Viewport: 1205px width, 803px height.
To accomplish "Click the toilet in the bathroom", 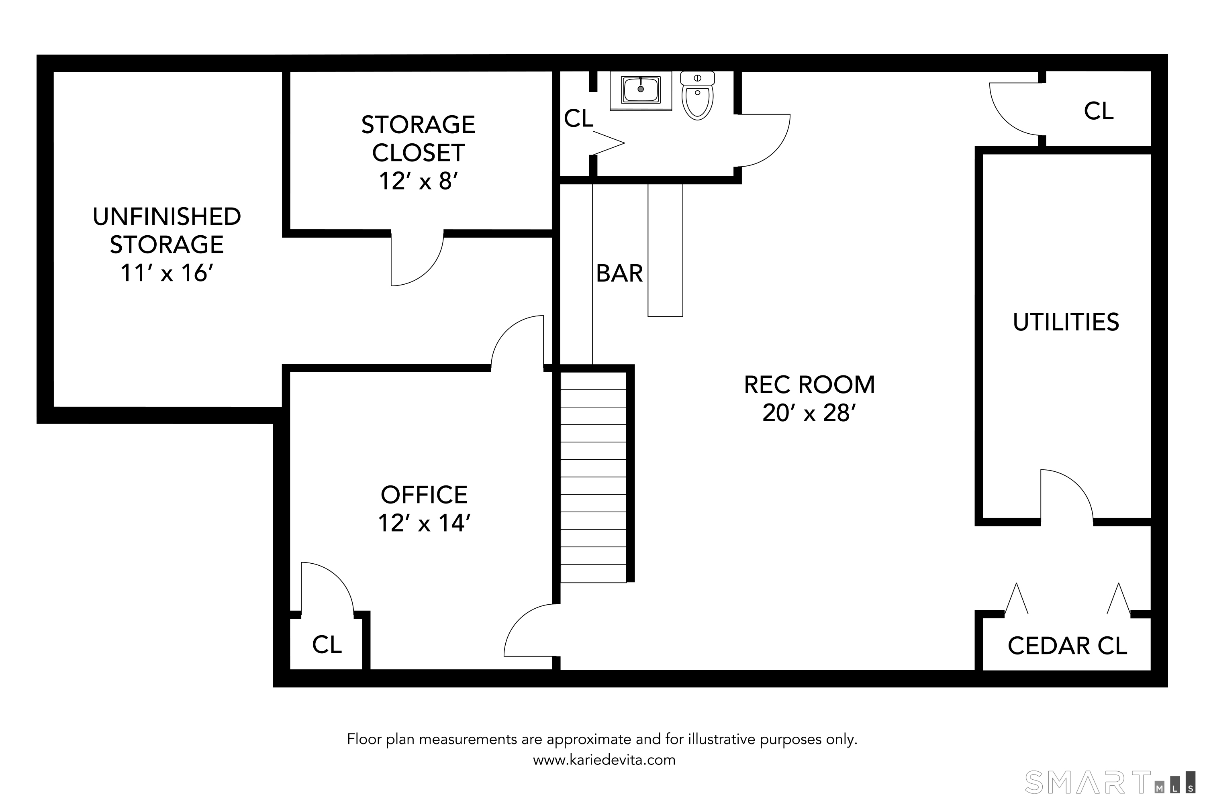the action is coord(697,96).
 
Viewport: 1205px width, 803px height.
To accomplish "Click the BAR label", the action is coord(619,273).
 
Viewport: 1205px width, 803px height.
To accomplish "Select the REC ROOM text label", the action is coord(809,385).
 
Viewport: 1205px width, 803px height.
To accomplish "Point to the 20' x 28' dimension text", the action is coord(809,413).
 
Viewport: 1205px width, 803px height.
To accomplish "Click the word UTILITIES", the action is coord(1066,322).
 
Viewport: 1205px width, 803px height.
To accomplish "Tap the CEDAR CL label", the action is coord(1067,646).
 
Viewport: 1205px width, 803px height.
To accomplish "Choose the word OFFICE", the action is coord(424,495).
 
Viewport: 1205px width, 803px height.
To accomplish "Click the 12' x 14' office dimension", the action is coord(424,523).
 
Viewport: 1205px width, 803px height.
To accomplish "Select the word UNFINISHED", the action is coord(167,217).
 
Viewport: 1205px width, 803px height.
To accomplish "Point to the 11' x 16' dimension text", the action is coord(167,273).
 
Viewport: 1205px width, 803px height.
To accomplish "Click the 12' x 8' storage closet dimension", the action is coord(418,181).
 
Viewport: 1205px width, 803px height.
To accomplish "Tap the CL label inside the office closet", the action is coord(327,645).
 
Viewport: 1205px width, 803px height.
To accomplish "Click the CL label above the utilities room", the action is coord(1099,111).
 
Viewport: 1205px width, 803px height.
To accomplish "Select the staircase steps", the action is coord(593,477).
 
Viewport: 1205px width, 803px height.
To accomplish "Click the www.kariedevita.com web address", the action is coord(604,760).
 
